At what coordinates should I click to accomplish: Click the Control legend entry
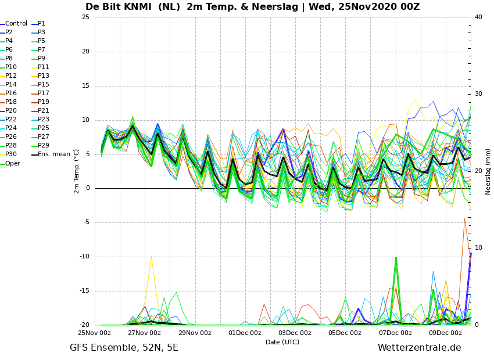pos(14,24)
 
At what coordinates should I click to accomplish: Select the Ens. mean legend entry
pos(51,154)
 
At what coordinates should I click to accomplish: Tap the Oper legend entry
pos(10,163)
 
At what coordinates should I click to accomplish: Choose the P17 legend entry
pos(41,93)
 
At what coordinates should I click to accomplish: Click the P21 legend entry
pos(41,110)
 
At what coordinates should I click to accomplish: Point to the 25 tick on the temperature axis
pos(85,17)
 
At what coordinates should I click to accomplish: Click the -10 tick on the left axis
pos(84,257)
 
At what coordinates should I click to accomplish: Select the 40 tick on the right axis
pos(478,17)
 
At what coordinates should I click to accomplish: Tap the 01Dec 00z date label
pos(245,333)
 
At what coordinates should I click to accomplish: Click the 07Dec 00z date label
pos(395,333)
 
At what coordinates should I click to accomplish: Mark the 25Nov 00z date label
pos(95,333)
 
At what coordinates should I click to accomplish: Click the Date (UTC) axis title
pos(282,342)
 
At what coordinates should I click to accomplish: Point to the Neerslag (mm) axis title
pos(488,172)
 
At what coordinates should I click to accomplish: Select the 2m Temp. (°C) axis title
pos(76,171)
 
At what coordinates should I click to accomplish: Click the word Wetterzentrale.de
pos(420,348)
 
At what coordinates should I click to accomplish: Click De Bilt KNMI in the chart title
pos(119,6)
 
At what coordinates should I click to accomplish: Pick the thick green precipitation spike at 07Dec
pos(396,257)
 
